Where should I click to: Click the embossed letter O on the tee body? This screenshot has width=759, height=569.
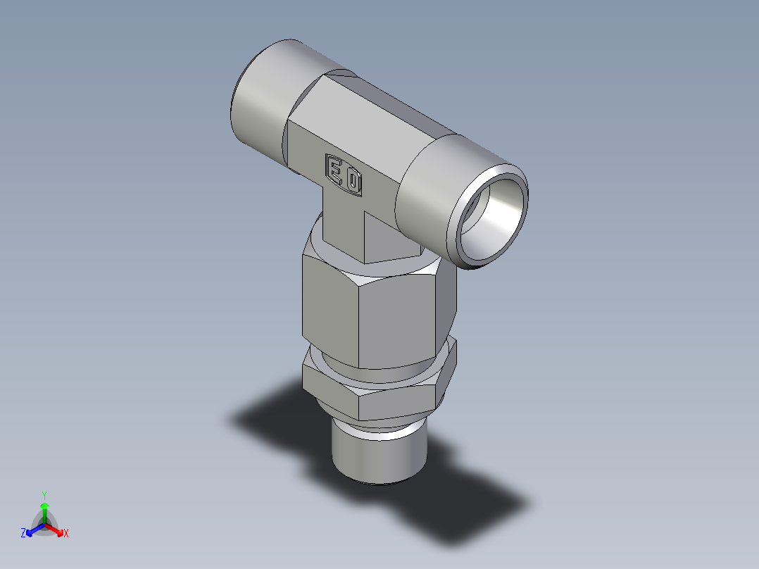click(353, 183)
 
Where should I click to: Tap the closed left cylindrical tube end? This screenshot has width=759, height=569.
click(256, 106)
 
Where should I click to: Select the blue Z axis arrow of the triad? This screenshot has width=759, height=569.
click(32, 529)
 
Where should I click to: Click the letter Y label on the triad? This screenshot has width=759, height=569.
click(44, 495)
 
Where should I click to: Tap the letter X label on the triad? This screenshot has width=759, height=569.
click(66, 534)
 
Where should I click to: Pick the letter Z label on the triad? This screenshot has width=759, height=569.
click(23, 534)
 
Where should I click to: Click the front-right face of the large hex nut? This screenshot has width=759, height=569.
click(398, 320)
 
